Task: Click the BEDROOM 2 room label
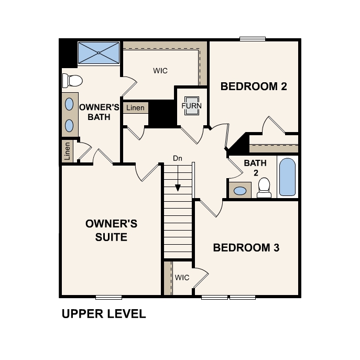(254, 86)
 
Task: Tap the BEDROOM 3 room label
(246, 247)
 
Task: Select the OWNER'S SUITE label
(111, 231)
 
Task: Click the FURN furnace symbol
(191, 105)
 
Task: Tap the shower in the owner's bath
(99, 52)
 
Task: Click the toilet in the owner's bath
(72, 80)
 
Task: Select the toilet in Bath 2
(264, 188)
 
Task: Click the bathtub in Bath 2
(287, 177)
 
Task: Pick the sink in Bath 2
(239, 191)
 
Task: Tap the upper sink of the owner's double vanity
(69, 103)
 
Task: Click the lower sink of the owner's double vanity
(69, 125)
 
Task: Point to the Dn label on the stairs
(178, 158)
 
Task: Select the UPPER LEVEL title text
(103, 314)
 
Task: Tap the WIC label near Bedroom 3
(182, 277)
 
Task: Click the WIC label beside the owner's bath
(160, 71)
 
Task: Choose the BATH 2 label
(255, 168)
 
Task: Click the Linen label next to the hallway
(135, 108)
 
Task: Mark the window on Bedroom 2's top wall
(253, 38)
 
